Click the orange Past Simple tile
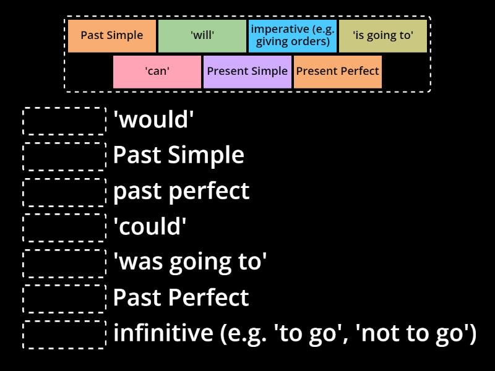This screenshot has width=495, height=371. (x=111, y=36)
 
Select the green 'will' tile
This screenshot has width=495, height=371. (x=202, y=36)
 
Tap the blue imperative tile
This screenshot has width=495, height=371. (x=292, y=36)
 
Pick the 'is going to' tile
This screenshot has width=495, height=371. (x=382, y=36)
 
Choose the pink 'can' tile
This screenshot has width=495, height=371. (x=157, y=72)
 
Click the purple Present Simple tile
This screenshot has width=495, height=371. (x=247, y=72)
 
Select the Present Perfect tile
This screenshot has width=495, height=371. (x=337, y=72)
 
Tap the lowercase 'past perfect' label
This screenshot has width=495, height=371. (x=181, y=191)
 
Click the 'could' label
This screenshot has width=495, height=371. (x=150, y=227)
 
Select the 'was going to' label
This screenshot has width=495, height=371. (x=190, y=262)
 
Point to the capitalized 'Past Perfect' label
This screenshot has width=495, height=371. (x=181, y=298)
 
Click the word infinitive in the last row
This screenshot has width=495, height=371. (x=163, y=333)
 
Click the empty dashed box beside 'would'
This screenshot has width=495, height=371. (x=64, y=121)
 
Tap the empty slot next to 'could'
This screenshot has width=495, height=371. (x=64, y=228)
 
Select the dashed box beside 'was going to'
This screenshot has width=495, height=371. (x=64, y=263)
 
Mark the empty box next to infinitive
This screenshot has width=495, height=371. (x=64, y=334)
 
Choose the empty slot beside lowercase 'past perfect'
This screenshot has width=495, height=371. (x=64, y=192)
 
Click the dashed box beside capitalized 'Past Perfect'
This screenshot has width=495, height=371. (x=64, y=299)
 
